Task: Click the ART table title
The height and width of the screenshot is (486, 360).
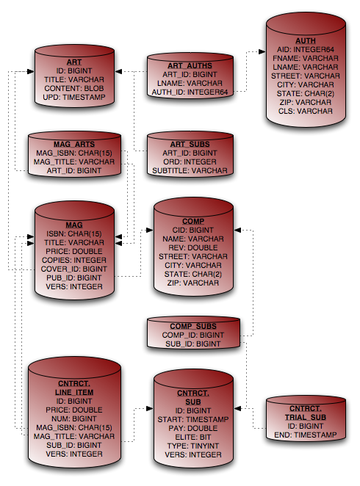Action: (x=74, y=62)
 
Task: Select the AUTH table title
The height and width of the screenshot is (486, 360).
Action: (x=306, y=41)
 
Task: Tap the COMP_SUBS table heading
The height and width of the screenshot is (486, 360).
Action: (x=193, y=327)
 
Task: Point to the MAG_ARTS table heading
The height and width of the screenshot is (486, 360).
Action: (x=74, y=145)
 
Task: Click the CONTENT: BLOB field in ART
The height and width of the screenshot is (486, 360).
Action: (x=74, y=89)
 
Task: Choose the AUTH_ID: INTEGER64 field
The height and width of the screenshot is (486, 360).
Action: (x=190, y=93)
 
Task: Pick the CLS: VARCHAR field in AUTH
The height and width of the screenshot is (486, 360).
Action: (x=306, y=112)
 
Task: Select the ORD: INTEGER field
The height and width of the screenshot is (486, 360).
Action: (x=190, y=162)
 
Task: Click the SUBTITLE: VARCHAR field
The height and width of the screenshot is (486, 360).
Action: (x=190, y=171)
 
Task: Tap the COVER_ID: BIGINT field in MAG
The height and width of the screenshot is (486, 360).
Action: (x=74, y=269)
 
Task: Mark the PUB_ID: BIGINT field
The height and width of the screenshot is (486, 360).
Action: (x=74, y=278)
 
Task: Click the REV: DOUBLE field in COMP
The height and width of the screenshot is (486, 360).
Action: (x=193, y=248)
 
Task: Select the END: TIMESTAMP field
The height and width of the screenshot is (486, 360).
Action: (x=306, y=435)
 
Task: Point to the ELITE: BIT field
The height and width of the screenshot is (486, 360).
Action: (x=193, y=438)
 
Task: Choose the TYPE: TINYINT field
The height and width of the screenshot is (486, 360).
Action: (x=193, y=446)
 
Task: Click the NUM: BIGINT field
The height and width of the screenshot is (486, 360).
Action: (x=74, y=419)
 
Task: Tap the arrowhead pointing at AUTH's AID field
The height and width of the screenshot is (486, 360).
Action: (x=262, y=52)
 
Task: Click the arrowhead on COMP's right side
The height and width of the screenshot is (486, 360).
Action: (x=237, y=230)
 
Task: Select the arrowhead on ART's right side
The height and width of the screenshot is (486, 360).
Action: (x=118, y=72)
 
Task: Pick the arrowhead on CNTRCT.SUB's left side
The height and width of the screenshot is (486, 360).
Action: (x=150, y=408)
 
